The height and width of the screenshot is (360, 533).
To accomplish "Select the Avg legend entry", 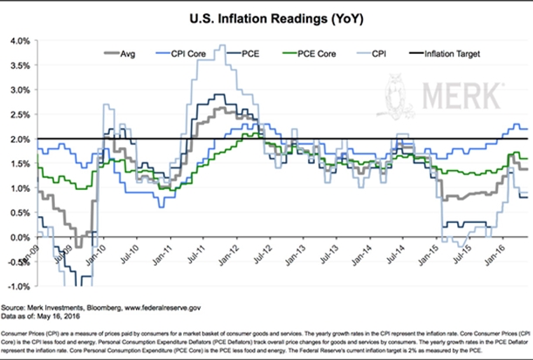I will click(x=128, y=51).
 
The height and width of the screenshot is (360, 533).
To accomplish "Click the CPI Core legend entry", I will click(x=188, y=51).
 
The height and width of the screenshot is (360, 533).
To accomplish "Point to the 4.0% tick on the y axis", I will click(x=20, y=40).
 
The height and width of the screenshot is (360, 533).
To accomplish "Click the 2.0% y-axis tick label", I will click(x=20, y=139).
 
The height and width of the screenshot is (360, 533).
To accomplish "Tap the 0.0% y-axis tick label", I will click(x=20, y=237).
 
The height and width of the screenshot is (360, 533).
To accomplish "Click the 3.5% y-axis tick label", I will click(x=20, y=65).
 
